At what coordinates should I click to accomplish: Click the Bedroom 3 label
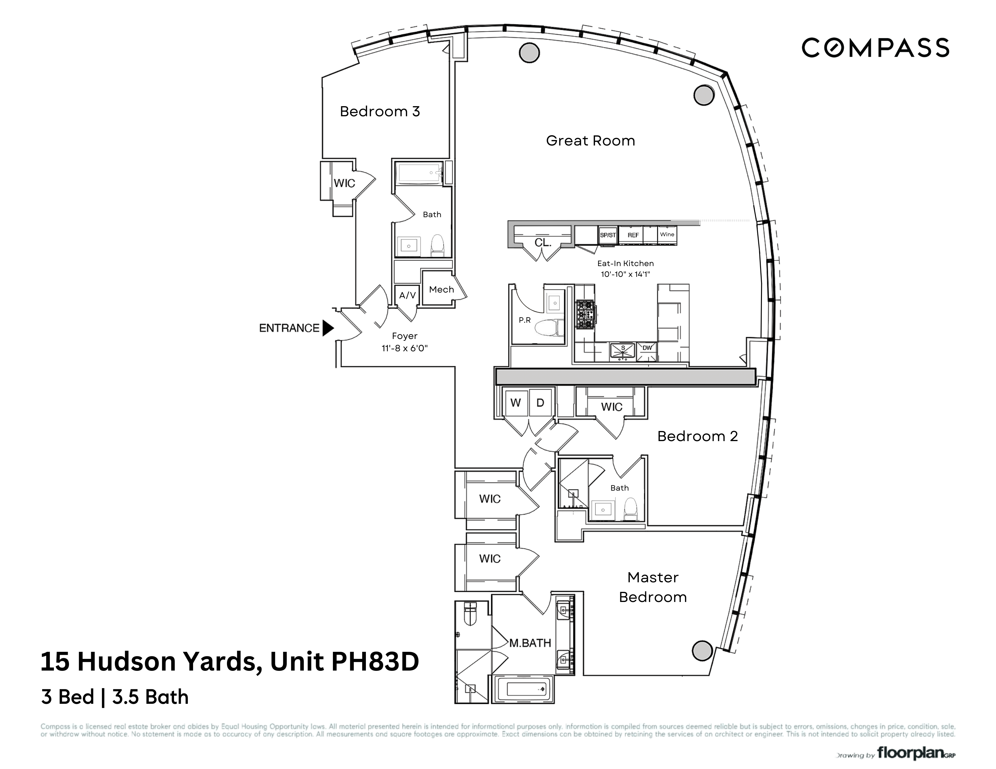(379, 112)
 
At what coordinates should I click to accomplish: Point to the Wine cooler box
(667, 235)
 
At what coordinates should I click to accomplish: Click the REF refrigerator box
(633, 235)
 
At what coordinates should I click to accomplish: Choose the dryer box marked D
(540, 403)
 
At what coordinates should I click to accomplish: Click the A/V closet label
(407, 295)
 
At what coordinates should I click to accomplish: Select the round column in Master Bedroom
(702, 651)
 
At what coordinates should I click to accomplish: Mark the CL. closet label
(543, 243)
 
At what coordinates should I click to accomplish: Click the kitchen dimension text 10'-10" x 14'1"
(625, 274)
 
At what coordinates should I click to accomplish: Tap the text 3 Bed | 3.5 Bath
(115, 697)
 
